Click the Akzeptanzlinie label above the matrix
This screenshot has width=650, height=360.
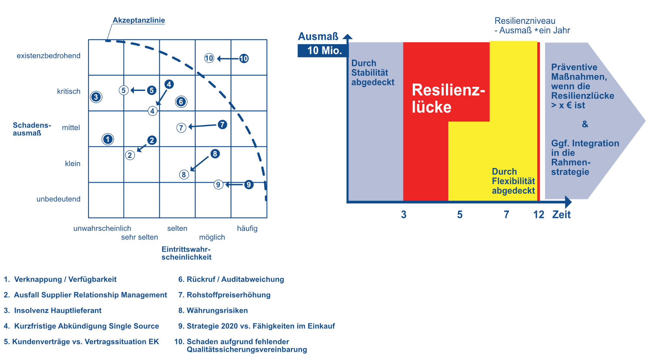[139, 20]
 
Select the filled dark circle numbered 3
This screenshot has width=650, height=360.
[96, 97]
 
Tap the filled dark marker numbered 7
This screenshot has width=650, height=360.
[222, 124]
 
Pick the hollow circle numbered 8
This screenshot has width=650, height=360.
[184, 174]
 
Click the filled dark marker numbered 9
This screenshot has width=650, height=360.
[249, 185]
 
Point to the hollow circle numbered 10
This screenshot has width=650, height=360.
[209, 58]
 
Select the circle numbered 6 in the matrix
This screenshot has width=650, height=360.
[181, 102]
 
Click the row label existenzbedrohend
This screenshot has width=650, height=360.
[49, 56]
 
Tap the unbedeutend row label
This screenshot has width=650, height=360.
[58, 199]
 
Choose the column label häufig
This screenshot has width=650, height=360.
[247, 228]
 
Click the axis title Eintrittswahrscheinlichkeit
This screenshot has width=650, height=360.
[187, 253]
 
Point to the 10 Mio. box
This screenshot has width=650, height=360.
[323, 50]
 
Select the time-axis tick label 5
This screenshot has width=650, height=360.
[460, 214]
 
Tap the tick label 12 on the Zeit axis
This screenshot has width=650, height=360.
[539, 214]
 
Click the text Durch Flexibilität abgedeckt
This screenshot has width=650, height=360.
[513, 181]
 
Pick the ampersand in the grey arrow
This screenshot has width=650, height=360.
[585, 124]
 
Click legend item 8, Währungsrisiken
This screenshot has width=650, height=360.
[213, 310]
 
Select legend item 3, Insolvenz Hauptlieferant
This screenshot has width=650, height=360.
[53, 310]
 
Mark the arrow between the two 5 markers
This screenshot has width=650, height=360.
[138, 90]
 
